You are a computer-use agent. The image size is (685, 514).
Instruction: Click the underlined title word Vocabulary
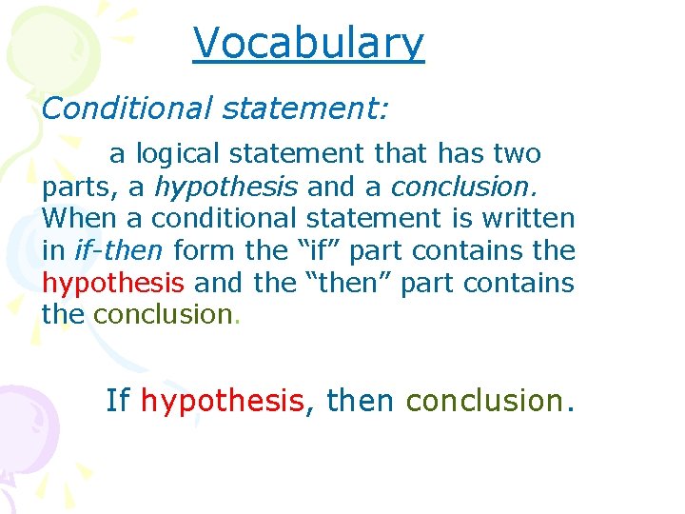[x=308, y=43]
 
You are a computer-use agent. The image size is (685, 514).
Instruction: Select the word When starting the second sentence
[x=80, y=218]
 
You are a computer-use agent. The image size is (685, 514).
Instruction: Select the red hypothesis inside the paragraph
[x=113, y=283]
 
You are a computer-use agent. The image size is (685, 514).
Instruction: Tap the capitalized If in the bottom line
[x=118, y=402]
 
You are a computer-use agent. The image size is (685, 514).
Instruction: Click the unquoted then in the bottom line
[x=360, y=402]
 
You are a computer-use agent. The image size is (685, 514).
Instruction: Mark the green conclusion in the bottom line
[x=483, y=402]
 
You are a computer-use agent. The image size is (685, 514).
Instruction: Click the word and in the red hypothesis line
[x=216, y=283]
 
